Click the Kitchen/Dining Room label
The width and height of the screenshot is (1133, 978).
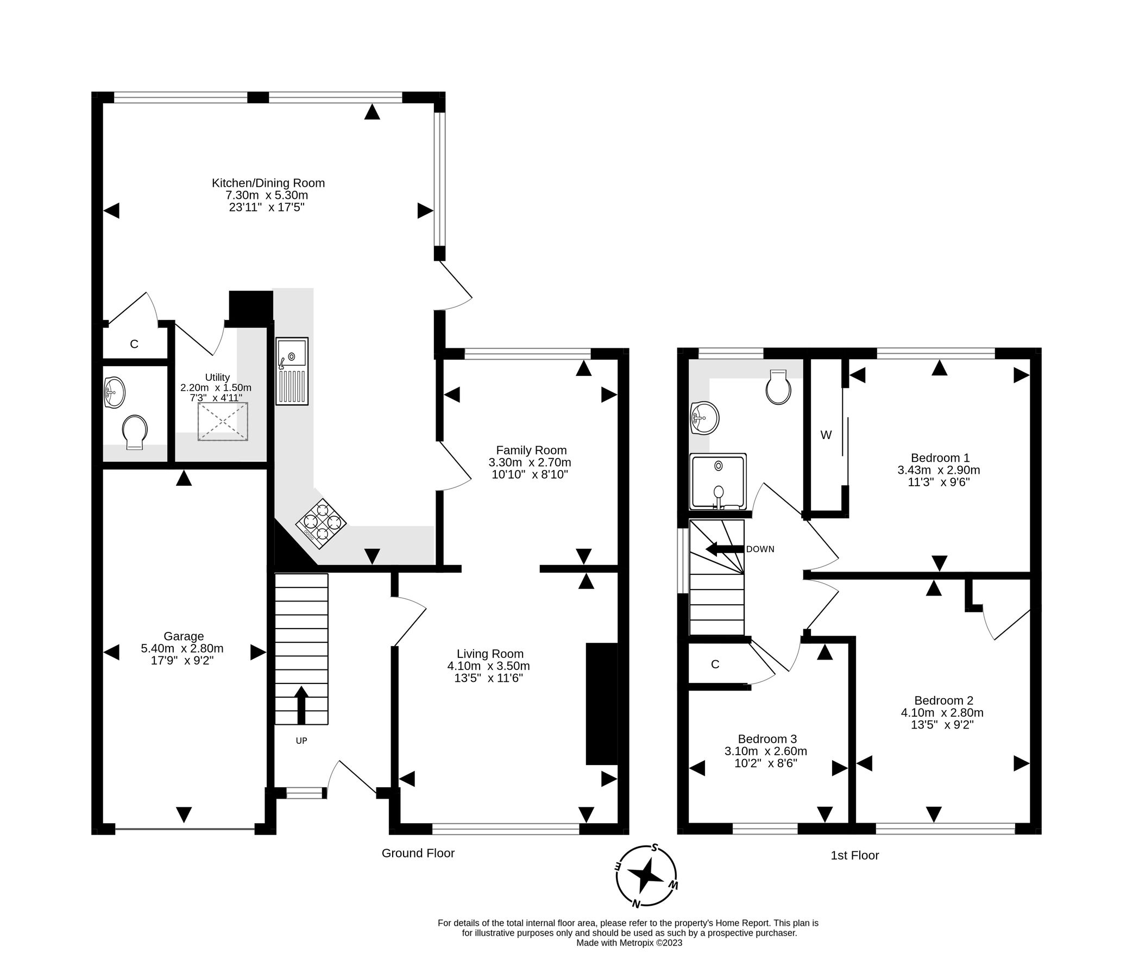268,183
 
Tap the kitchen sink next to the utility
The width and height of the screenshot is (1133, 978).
292,371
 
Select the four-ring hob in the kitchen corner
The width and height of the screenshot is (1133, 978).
321,523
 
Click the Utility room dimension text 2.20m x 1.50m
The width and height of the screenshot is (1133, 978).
216,387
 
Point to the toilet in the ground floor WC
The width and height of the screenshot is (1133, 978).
135,431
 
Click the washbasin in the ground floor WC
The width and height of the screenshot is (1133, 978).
114,392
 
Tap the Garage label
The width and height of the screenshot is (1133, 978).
184,636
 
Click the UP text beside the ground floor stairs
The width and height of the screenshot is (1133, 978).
301,741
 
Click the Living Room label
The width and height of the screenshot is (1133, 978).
490,654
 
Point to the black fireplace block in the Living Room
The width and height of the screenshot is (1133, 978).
601,704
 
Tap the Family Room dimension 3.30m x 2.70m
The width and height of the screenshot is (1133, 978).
530,462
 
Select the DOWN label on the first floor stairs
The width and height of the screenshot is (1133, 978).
760,549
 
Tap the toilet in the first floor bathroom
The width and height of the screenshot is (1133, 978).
778,387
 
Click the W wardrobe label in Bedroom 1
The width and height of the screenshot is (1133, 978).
826,435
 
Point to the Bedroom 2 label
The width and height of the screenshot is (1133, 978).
943,700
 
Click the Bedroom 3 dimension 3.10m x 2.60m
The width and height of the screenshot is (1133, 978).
765,751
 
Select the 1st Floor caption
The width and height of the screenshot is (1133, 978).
854,855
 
